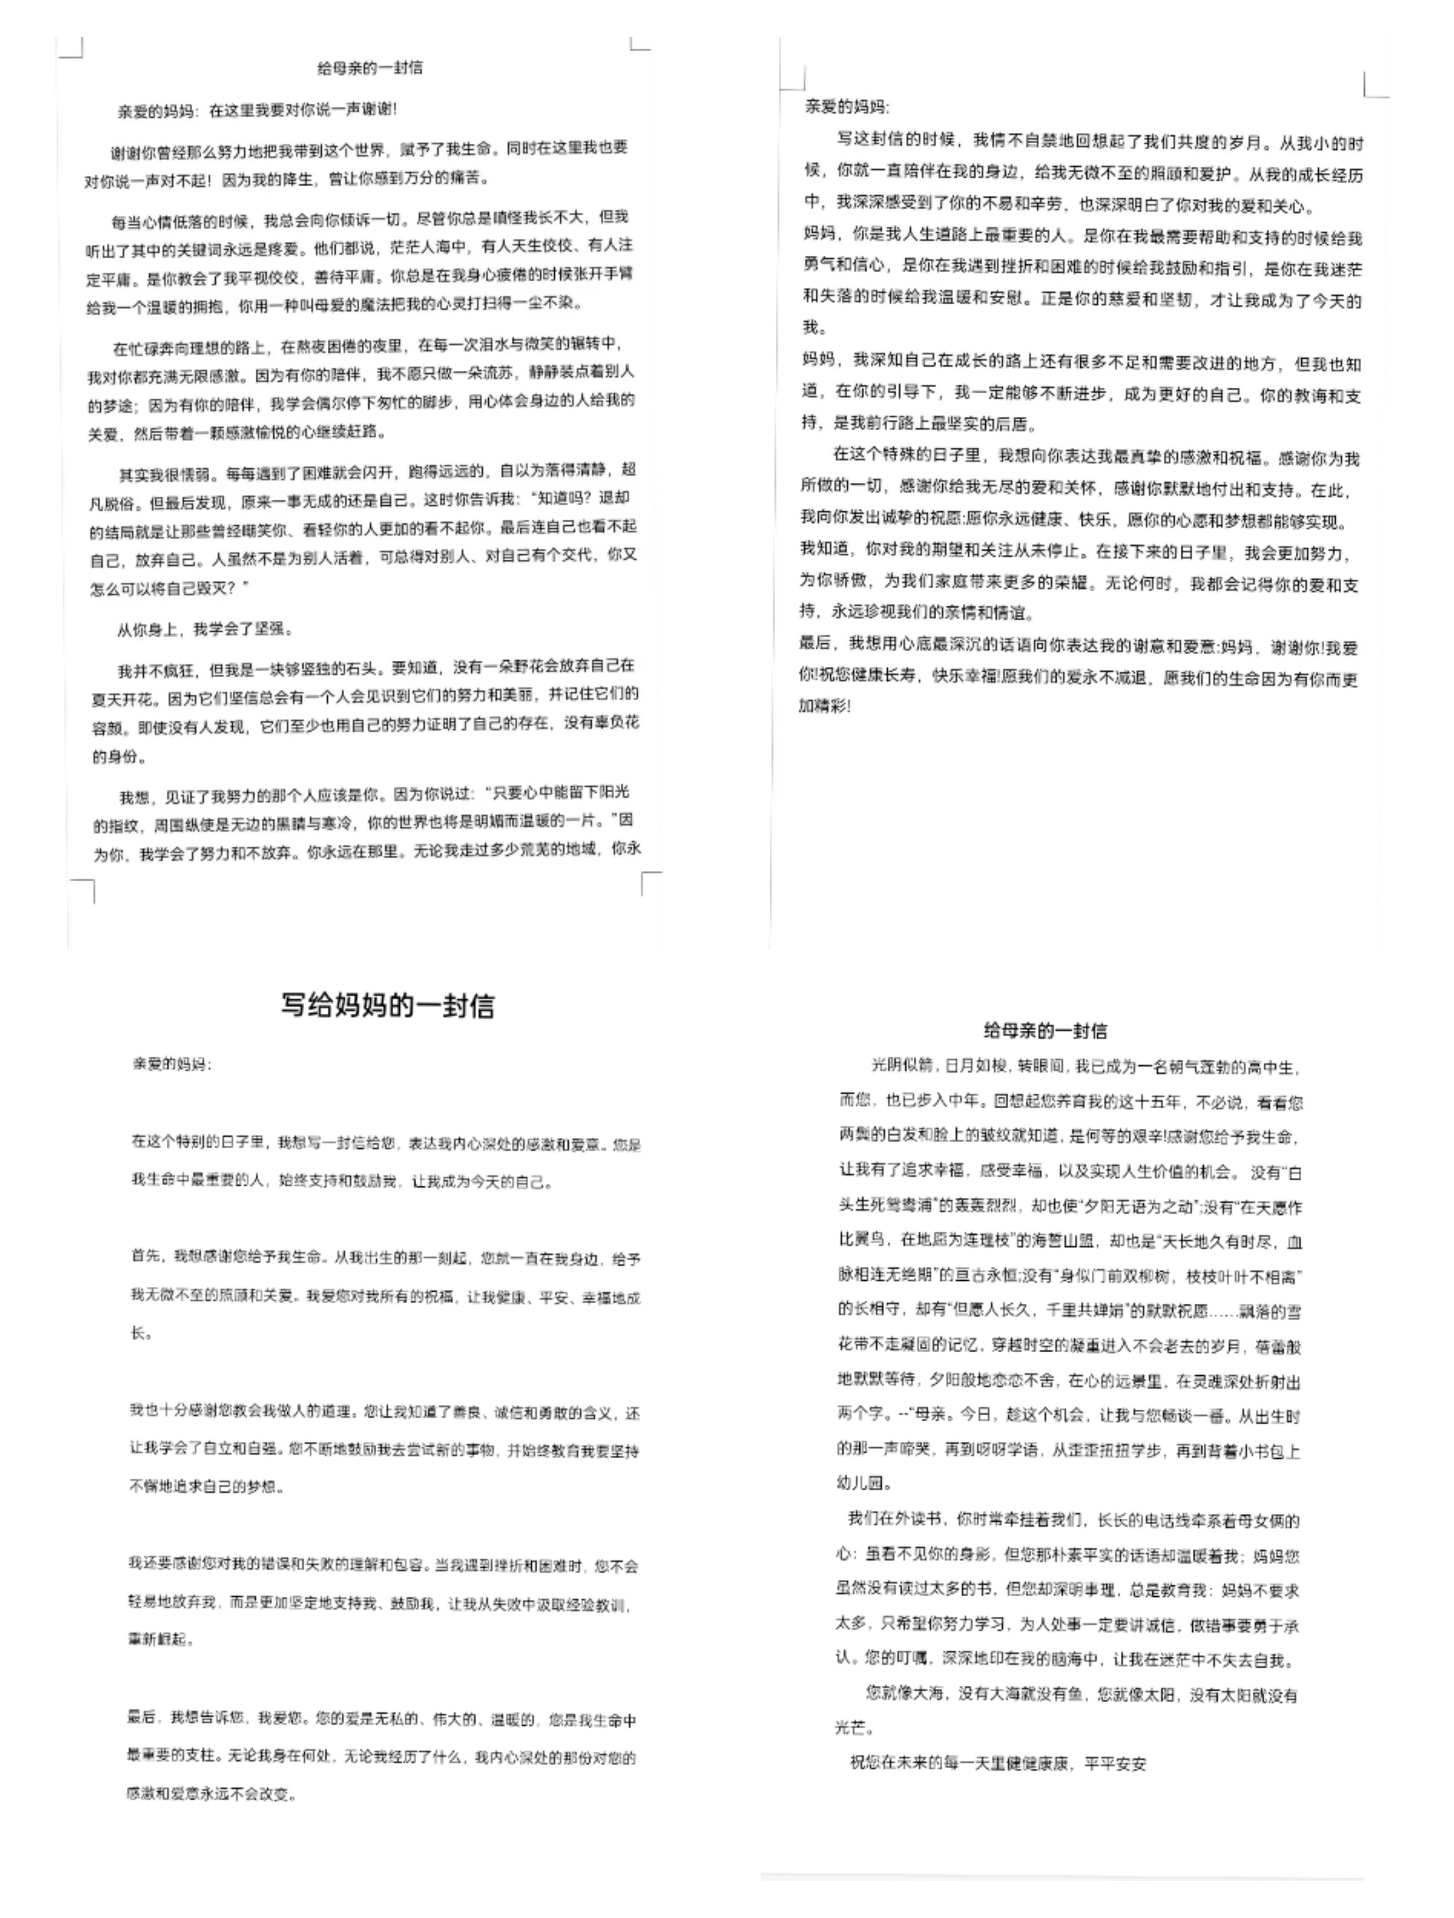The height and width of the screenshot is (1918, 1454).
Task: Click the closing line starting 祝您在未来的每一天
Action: coord(997,1763)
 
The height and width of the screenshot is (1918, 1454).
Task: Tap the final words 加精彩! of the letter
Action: coord(824,706)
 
